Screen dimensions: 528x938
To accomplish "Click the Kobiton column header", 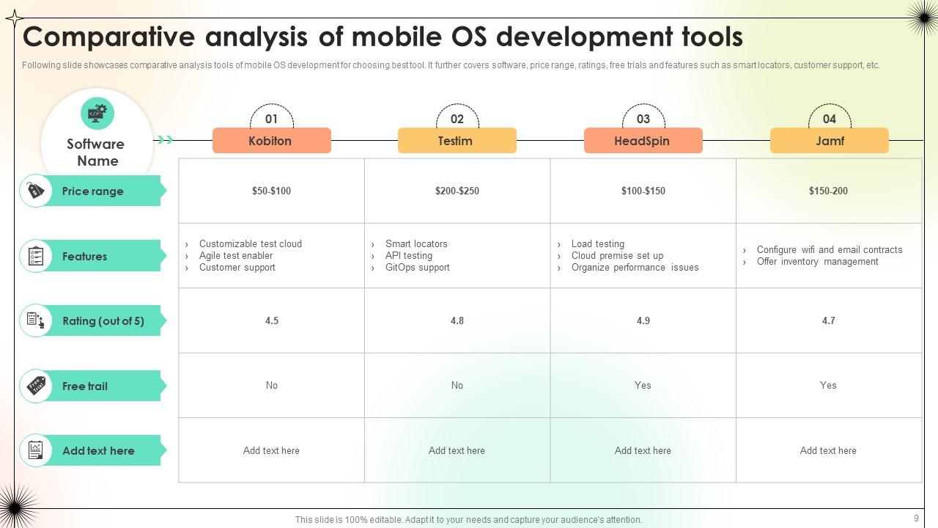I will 271,141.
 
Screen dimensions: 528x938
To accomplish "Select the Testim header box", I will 457,141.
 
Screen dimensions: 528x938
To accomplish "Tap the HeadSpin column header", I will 643,141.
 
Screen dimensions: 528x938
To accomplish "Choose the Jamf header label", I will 829,141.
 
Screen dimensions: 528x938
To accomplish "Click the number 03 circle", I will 643,119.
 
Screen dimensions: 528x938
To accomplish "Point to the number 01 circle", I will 271,119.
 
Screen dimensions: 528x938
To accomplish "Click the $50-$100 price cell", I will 271,191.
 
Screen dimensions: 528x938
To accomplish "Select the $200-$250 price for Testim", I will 457,191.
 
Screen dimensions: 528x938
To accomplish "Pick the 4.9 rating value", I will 643,320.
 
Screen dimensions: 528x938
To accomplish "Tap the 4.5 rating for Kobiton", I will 271,320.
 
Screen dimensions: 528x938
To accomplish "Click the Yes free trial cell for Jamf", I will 828,385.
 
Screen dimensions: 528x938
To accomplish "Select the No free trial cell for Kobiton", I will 271,385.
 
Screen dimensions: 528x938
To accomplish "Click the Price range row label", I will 93,191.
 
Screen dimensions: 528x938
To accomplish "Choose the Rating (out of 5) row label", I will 103,321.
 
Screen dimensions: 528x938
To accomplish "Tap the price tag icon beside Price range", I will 35,191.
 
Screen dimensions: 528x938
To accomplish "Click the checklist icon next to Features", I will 35,257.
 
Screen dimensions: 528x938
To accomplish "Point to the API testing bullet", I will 408,256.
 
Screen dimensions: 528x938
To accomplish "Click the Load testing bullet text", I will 597,244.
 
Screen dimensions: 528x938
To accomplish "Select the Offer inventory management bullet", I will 817,262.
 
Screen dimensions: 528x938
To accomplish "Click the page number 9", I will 916,518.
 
